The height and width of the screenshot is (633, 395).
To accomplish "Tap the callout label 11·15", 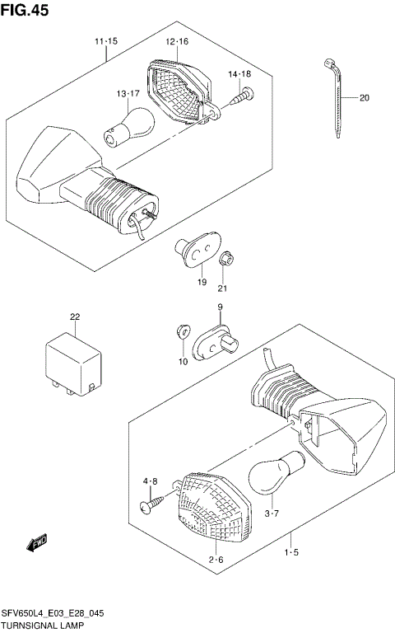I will point(105,41).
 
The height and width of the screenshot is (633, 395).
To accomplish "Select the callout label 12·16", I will point(176,41).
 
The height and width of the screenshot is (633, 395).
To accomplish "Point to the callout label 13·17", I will point(128,94).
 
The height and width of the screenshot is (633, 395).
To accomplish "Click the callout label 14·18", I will point(239,74).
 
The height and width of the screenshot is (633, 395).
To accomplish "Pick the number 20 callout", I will point(364,99).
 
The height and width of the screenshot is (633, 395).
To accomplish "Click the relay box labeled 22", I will point(75,361).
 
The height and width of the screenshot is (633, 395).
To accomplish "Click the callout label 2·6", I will point(216,560).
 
